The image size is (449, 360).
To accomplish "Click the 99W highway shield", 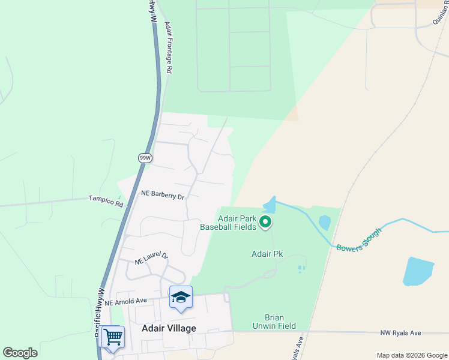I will pyautogui.click(x=145, y=158).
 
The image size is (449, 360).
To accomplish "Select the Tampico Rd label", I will pyautogui.click(x=106, y=201).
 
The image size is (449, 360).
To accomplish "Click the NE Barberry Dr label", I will pyautogui.click(x=162, y=194).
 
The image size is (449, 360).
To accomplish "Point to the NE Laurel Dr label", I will pyautogui.click(x=151, y=259).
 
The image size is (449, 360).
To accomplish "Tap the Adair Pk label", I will pyautogui.click(x=267, y=254).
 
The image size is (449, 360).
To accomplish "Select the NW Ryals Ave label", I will pyautogui.click(x=401, y=332).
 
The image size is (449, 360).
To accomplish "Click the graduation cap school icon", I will pyautogui.click(x=181, y=297).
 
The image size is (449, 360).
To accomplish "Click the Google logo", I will pyautogui.click(x=20, y=353).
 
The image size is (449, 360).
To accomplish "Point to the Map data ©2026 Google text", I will pyautogui.click(x=411, y=355).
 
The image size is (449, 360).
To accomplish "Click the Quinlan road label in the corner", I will pyautogui.click(x=440, y=13).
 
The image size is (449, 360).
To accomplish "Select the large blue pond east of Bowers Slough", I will pyautogui.click(x=418, y=271).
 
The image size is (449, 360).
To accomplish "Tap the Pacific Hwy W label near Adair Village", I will pyautogui.click(x=98, y=312).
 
